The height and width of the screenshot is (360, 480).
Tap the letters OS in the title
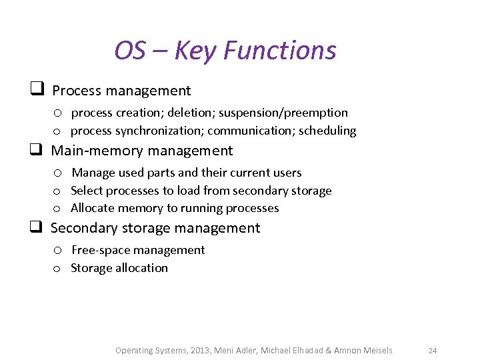[x=130, y=51]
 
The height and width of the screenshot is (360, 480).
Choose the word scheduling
[x=327, y=131]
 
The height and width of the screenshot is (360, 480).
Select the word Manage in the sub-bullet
[x=93, y=173]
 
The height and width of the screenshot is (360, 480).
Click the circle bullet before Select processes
[x=58, y=191]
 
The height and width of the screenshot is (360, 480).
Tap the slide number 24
[x=432, y=351]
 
